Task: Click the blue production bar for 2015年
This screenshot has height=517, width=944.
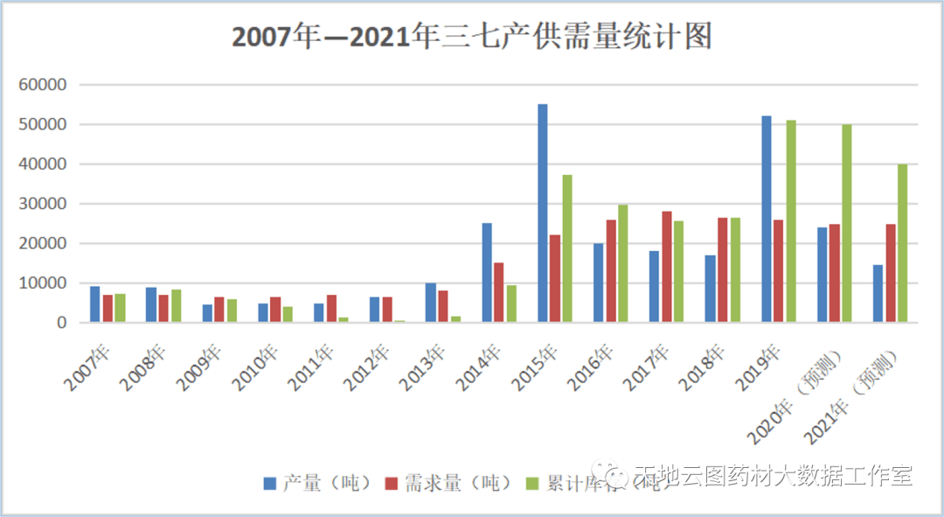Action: pyautogui.click(x=543, y=213)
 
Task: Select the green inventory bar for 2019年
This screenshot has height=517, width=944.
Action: pyautogui.click(x=791, y=221)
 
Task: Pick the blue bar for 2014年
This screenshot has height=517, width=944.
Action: pyautogui.click(x=487, y=273)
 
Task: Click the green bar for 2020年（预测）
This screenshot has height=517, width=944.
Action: pyautogui.click(x=847, y=223)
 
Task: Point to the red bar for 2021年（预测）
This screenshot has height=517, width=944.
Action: pyautogui.click(x=891, y=273)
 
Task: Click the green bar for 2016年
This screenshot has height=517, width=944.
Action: pyautogui.click(x=623, y=263)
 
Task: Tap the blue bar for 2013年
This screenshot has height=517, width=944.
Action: pyautogui.click(x=431, y=303)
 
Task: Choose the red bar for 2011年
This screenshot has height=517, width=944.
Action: pyautogui.click(x=331, y=309)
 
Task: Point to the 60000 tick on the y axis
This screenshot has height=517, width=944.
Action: pyautogui.click(x=43, y=85)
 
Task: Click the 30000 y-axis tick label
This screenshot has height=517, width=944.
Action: pyautogui.click(x=43, y=204)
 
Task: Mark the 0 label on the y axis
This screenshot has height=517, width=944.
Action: pyautogui.click(x=61, y=323)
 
